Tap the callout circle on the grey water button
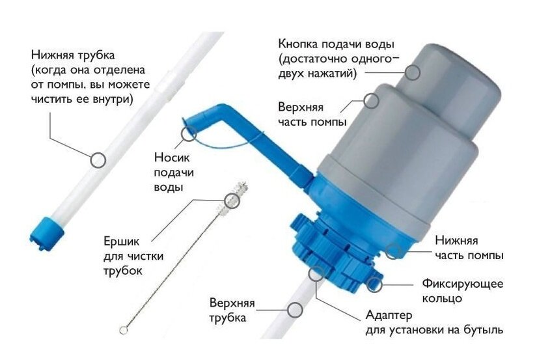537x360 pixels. click(x=412, y=73)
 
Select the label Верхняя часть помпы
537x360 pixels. click(x=312, y=115)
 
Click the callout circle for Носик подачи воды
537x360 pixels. click(x=188, y=134)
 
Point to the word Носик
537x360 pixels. click(x=172, y=158)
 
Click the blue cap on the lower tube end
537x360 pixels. click(x=47, y=230)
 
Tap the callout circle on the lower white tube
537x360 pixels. click(x=98, y=160)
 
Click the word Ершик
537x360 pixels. click(x=122, y=241)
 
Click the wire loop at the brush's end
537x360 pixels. click(x=123, y=330)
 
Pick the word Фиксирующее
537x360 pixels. click(x=462, y=284)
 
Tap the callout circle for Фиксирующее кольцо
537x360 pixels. click(x=374, y=284)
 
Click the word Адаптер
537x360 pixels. click(x=389, y=315)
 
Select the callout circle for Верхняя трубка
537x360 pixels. click(x=295, y=310)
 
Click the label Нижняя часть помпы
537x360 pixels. click(x=469, y=248)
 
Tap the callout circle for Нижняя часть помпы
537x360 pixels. click(x=393, y=251)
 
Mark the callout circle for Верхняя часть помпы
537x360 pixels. click(x=371, y=101)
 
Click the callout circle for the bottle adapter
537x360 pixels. click(x=316, y=274)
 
